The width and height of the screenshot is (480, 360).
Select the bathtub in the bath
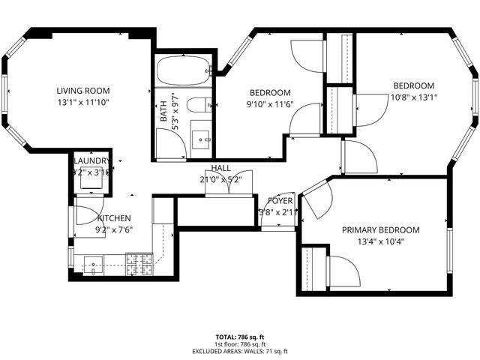[x=184, y=70]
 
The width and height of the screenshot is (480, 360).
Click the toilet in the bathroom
[x=199, y=105]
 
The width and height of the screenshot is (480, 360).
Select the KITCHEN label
[x=114, y=219]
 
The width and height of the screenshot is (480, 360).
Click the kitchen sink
[x=94, y=263]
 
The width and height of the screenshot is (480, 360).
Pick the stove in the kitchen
[x=137, y=262]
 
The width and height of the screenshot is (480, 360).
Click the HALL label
[x=220, y=168]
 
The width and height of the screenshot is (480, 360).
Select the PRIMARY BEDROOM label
[x=381, y=230]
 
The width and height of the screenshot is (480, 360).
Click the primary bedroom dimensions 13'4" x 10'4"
[x=381, y=241]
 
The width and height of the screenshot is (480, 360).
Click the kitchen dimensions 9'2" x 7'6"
[x=114, y=230]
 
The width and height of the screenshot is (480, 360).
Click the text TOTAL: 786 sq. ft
[x=239, y=337]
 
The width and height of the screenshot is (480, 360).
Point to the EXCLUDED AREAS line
[x=239, y=351]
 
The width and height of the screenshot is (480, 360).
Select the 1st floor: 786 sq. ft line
[x=239, y=344]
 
